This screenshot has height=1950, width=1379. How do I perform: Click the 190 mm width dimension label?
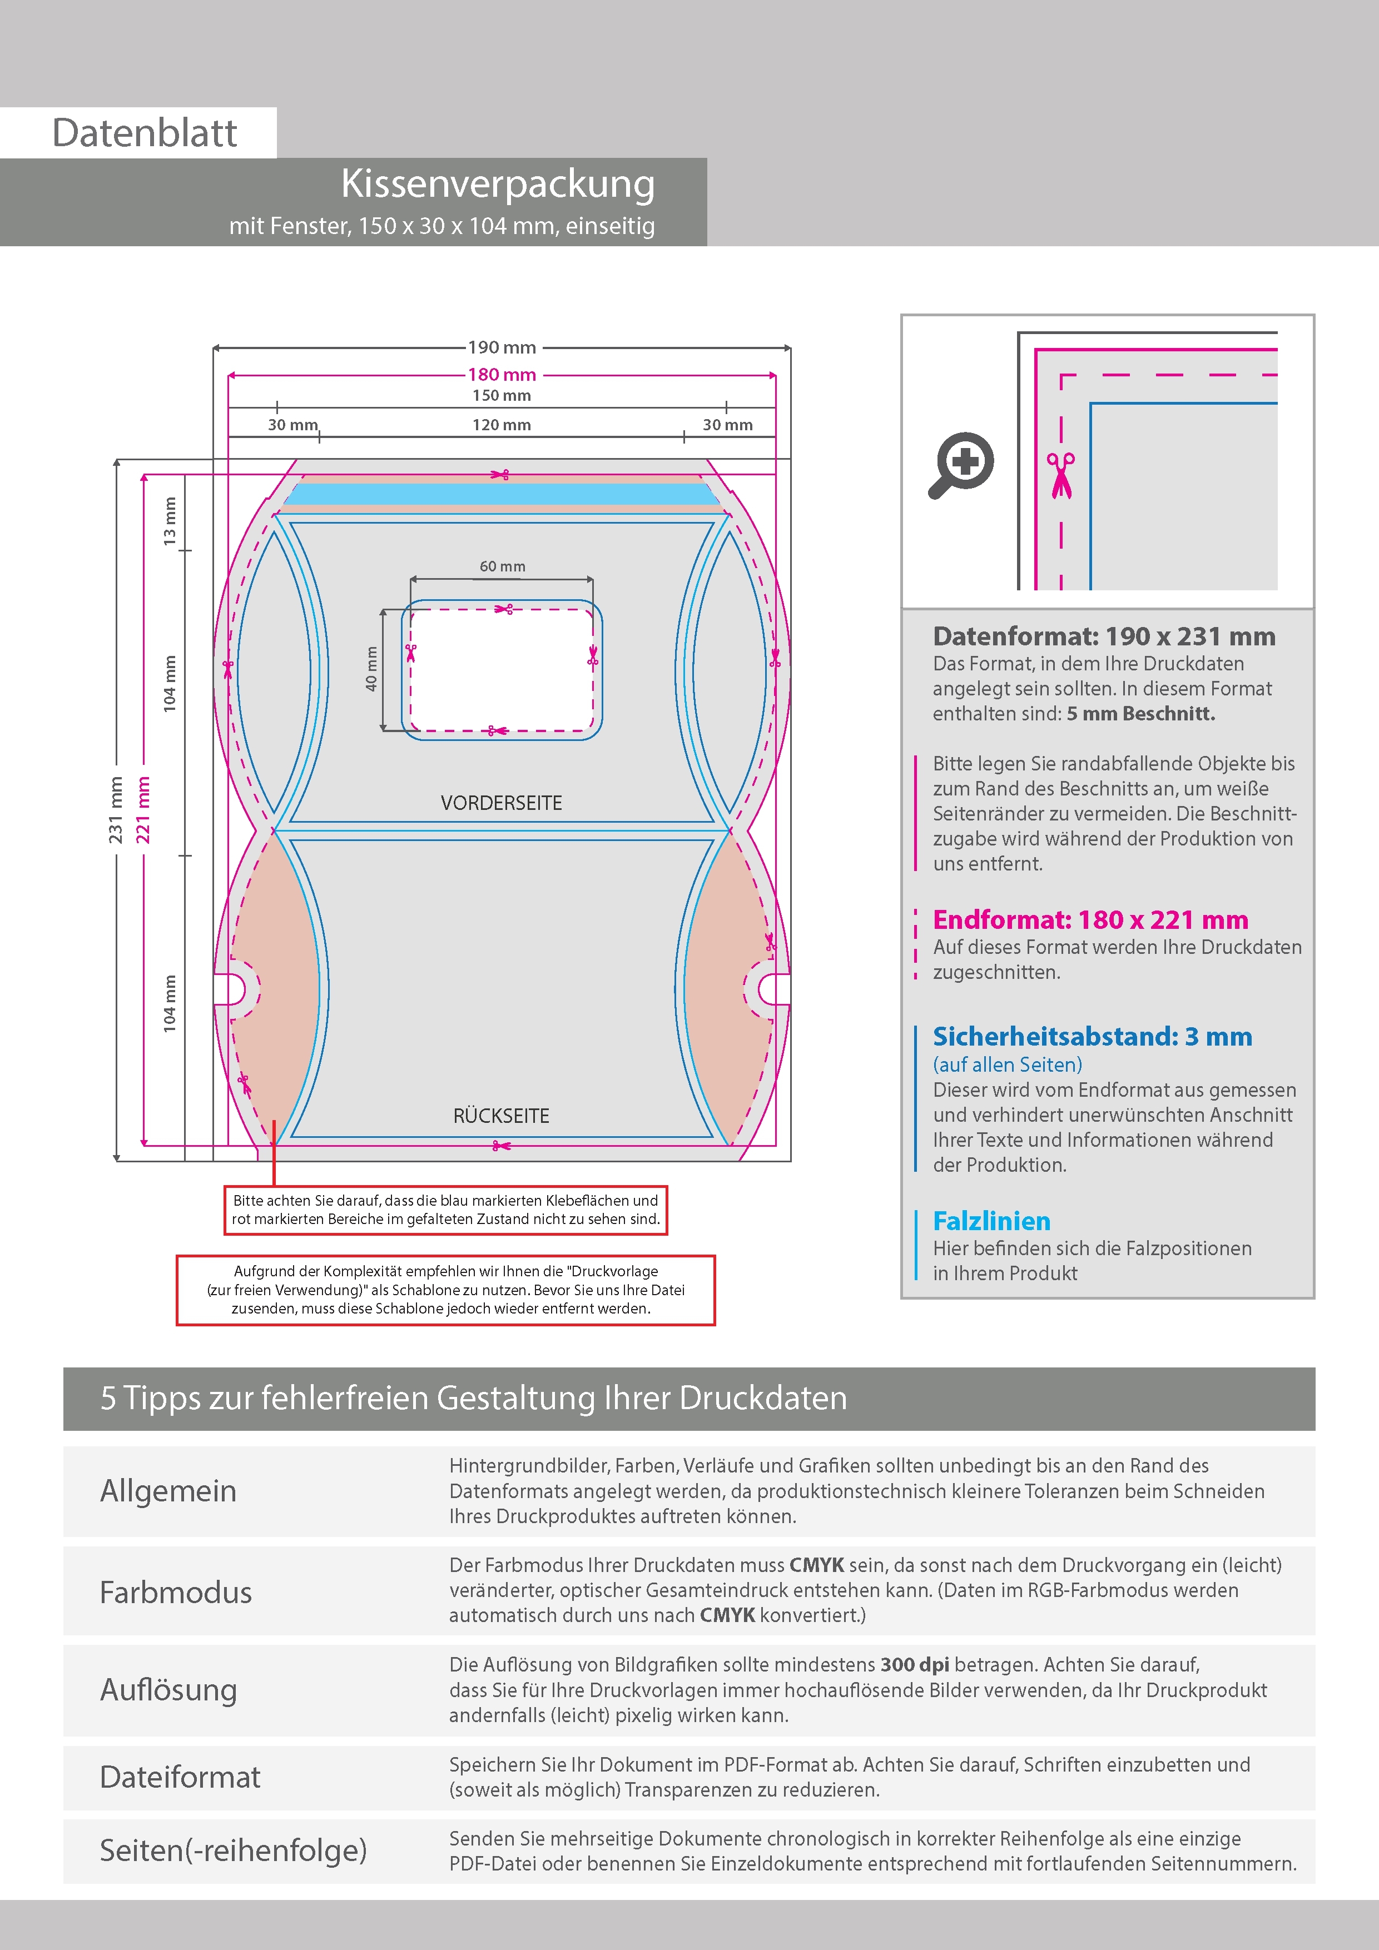502,347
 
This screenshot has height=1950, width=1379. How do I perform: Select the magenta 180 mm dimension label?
502,375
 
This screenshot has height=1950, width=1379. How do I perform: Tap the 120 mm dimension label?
502,425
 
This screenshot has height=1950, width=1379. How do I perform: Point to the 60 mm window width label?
502,566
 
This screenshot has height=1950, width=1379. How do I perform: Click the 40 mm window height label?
371,669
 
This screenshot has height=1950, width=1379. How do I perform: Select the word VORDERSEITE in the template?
502,803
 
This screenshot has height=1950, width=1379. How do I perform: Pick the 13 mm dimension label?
170,521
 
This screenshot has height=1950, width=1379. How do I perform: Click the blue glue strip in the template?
502,494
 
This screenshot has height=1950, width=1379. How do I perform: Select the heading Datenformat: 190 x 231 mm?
1104,636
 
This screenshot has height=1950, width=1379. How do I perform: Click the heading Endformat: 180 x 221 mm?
1090,920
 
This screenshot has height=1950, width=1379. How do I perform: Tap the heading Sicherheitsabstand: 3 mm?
1093,1036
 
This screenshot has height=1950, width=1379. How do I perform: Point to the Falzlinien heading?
991,1221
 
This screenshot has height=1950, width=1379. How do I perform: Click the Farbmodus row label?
176,1593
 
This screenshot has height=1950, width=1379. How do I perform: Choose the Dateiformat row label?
180,1777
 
